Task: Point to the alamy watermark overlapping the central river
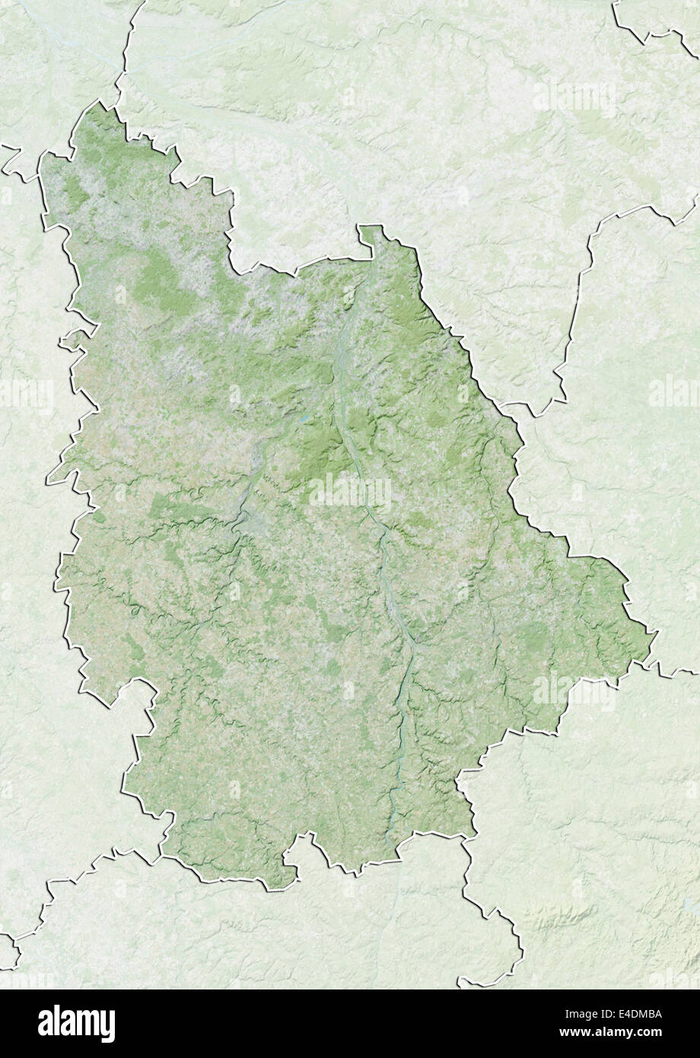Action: (350, 492)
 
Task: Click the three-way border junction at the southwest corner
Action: (162, 856)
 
